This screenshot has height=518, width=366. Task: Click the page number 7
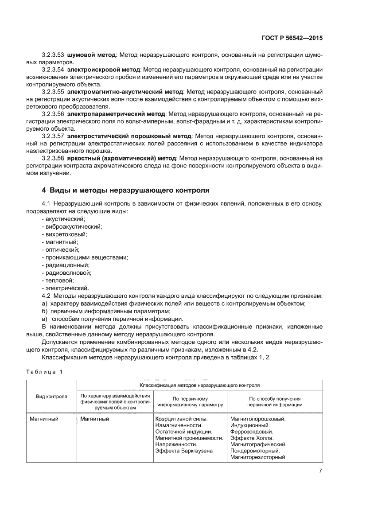point(320,471)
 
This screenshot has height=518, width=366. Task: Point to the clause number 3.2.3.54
point(53,70)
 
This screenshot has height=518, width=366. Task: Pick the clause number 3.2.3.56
point(53,114)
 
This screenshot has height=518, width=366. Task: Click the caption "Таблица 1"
point(45,371)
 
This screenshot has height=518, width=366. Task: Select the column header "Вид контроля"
point(51,396)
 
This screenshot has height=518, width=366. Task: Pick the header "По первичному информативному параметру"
point(190,401)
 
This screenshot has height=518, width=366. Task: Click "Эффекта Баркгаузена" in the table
point(184,451)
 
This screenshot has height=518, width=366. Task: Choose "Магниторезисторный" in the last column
point(257,457)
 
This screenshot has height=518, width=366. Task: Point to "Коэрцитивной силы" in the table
point(182,418)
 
